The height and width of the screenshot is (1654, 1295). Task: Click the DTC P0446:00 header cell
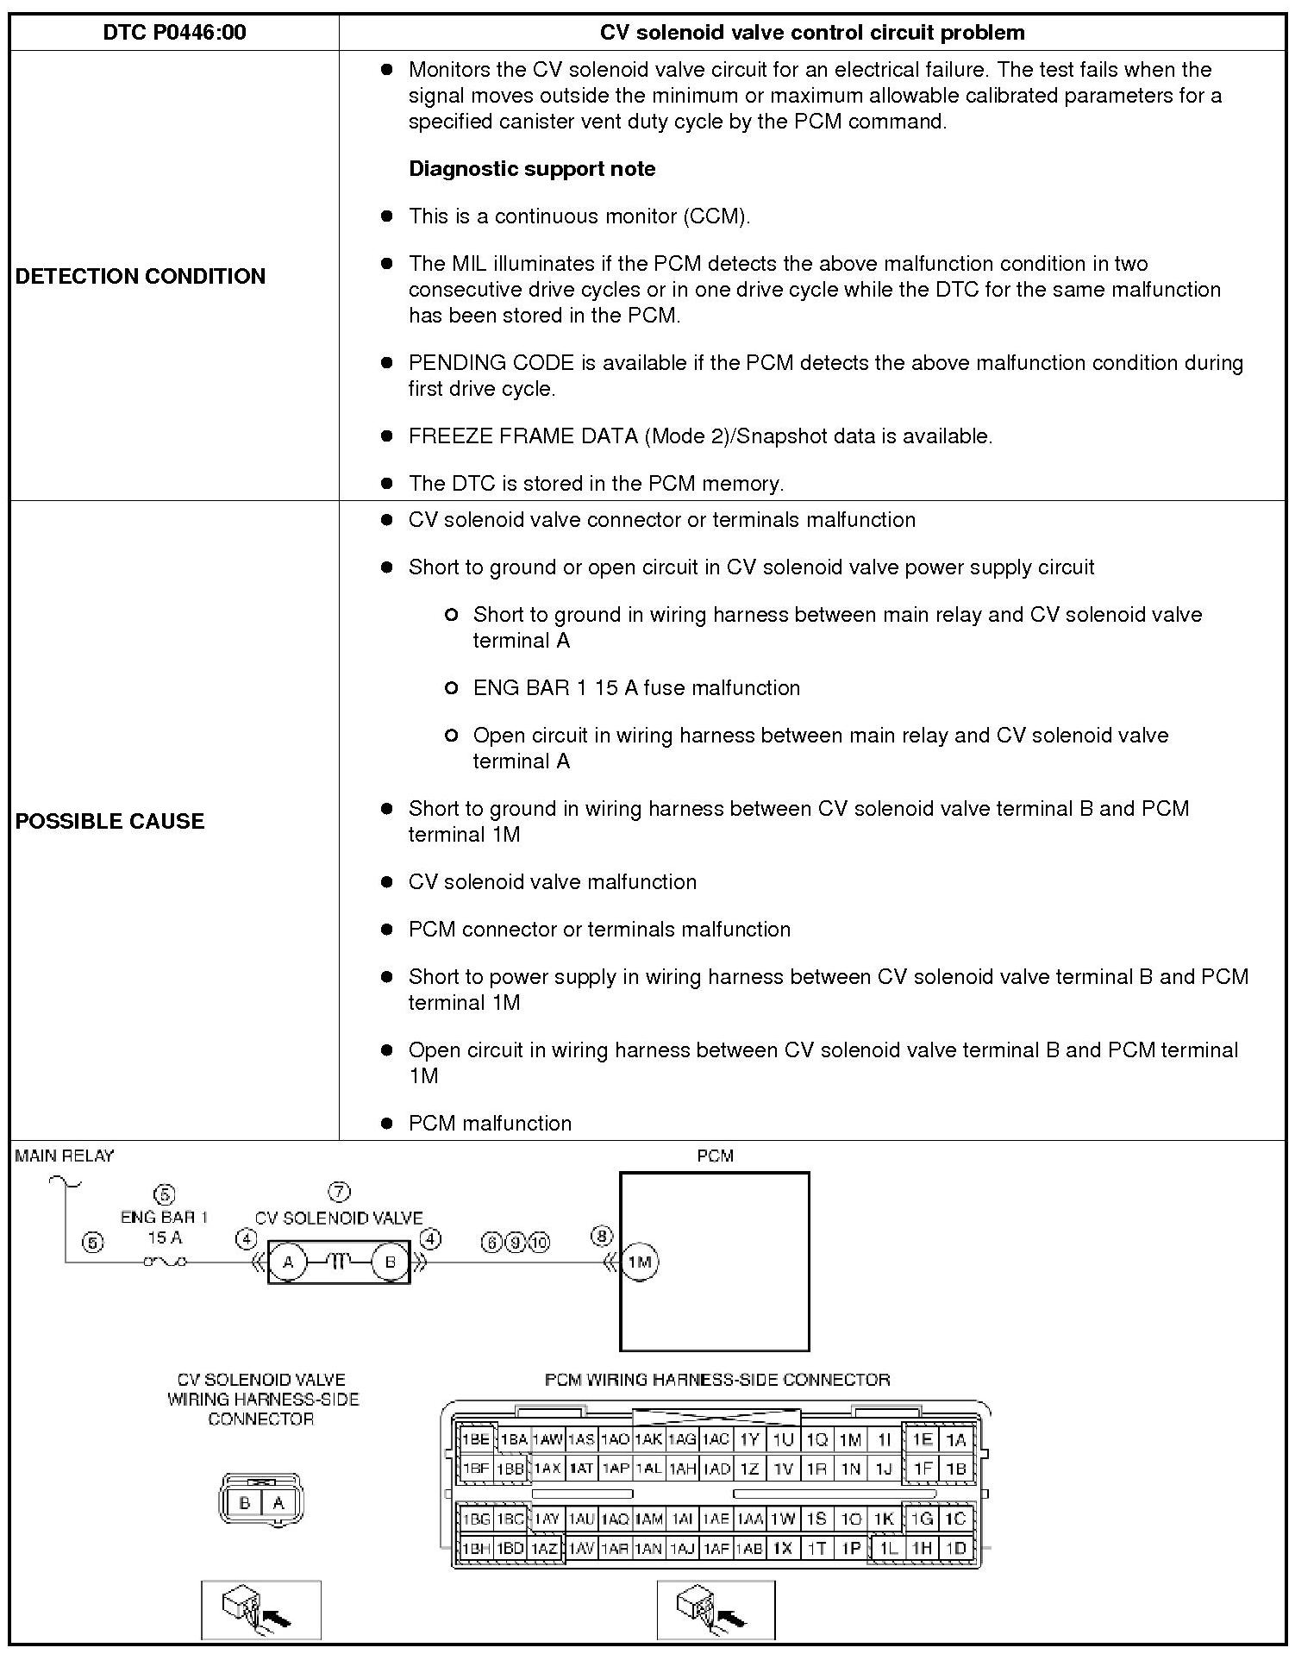coord(174,33)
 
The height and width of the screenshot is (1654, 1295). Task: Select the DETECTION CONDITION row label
coord(141,276)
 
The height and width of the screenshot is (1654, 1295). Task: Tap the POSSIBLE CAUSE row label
coord(110,820)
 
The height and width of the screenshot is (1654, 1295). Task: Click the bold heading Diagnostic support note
coord(532,168)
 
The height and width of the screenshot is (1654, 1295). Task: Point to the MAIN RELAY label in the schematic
coord(65,1156)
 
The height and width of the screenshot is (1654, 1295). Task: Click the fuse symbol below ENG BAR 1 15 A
coord(165,1262)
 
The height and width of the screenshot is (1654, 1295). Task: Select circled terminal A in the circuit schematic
coord(288,1262)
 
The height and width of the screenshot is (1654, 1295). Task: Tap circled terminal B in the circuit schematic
coord(390,1262)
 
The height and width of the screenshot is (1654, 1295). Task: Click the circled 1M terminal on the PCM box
coord(640,1262)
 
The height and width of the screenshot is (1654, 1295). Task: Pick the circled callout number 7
coord(340,1193)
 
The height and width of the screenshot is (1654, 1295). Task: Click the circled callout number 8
coord(601,1237)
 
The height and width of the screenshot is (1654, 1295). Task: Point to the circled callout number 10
coord(539,1242)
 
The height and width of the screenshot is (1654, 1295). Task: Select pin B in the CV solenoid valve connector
coord(245,1503)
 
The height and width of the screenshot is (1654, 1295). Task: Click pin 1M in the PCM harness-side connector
coord(850,1438)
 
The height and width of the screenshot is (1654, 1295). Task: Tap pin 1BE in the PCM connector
coord(476,1438)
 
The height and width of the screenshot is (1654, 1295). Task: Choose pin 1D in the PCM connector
coord(956,1548)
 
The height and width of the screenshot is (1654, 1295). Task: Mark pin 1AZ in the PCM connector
coord(545,1548)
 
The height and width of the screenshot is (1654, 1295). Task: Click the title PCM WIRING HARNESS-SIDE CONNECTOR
coord(717,1380)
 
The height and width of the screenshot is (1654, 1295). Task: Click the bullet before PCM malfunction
coord(387,1124)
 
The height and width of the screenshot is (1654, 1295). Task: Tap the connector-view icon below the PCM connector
coord(716,1609)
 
